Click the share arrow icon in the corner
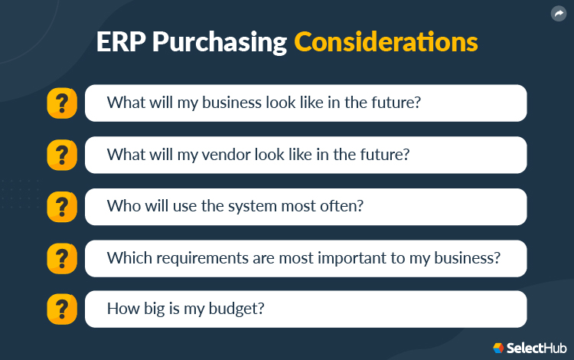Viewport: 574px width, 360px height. (x=558, y=14)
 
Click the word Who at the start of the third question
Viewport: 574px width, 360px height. (x=122, y=206)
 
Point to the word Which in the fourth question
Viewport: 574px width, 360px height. (x=126, y=258)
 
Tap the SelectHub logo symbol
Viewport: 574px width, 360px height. (x=498, y=347)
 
